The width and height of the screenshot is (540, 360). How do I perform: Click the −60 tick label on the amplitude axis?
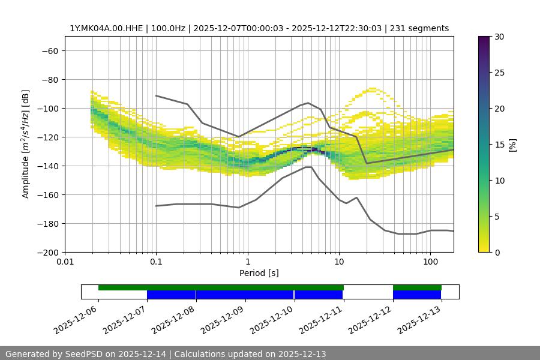[50, 50]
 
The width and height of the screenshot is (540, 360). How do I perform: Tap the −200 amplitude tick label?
[48, 252]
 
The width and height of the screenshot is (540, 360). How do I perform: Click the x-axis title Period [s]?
[259, 273]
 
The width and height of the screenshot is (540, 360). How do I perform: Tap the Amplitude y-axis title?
[26, 144]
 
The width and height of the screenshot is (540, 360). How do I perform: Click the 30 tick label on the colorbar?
[499, 37]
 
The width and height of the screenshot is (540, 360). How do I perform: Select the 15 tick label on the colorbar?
[499, 145]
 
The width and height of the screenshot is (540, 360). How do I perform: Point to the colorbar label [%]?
[512, 145]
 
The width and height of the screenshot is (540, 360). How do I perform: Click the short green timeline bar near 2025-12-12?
[417, 287]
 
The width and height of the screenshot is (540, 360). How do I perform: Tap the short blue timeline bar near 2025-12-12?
[417, 295]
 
